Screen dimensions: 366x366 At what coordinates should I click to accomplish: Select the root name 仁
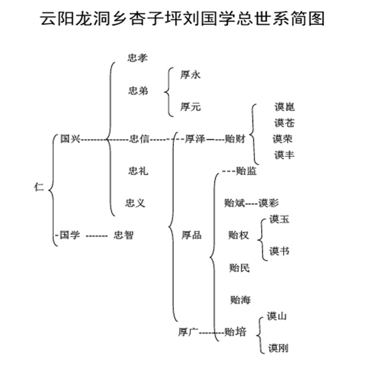tap(39, 187)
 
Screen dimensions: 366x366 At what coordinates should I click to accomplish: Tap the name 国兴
tap(70, 139)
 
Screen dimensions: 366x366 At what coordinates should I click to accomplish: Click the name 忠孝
tap(137, 59)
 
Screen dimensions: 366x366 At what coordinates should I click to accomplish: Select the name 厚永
tap(190, 75)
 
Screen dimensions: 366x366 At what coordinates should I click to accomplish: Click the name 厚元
tap(190, 107)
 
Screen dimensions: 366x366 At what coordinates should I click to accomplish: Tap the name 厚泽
tap(195, 139)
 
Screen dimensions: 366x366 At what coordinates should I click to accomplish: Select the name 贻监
tap(246, 171)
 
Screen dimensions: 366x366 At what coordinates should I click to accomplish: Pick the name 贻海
tap(240, 300)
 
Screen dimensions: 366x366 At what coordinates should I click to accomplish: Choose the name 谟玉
tap(279, 219)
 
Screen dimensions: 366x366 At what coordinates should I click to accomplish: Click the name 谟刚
tap(278, 348)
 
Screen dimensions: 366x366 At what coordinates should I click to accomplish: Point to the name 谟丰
tap(284, 155)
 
